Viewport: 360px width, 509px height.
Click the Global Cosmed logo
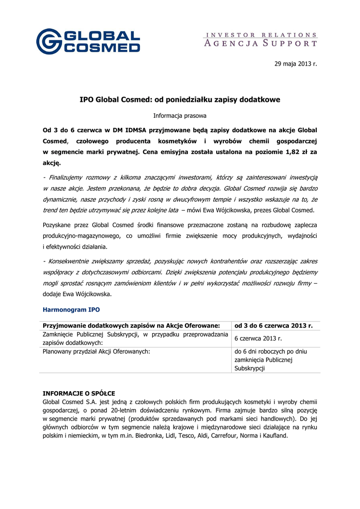pyautogui.click(x=88, y=41)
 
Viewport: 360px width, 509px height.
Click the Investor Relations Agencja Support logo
pyautogui.click(x=261, y=40)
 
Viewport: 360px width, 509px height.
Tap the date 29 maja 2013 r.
pyautogui.click(x=295, y=64)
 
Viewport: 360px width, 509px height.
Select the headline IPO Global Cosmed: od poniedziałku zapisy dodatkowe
pyautogui.click(x=180, y=100)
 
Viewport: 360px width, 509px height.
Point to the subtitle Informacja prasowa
pyautogui.click(x=180, y=115)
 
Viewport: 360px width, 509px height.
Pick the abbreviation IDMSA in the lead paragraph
pyautogui.click(x=130, y=130)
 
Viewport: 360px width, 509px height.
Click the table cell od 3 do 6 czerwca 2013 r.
pyautogui.click(x=273, y=326)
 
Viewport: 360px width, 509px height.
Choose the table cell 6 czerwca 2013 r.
pyautogui.click(x=259, y=339)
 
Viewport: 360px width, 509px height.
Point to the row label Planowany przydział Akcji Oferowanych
pyautogui.click(x=97, y=351)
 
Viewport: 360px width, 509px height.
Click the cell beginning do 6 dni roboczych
pyautogui.click(x=270, y=351)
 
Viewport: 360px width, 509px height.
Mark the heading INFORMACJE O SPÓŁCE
pyautogui.click(x=79, y=393)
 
